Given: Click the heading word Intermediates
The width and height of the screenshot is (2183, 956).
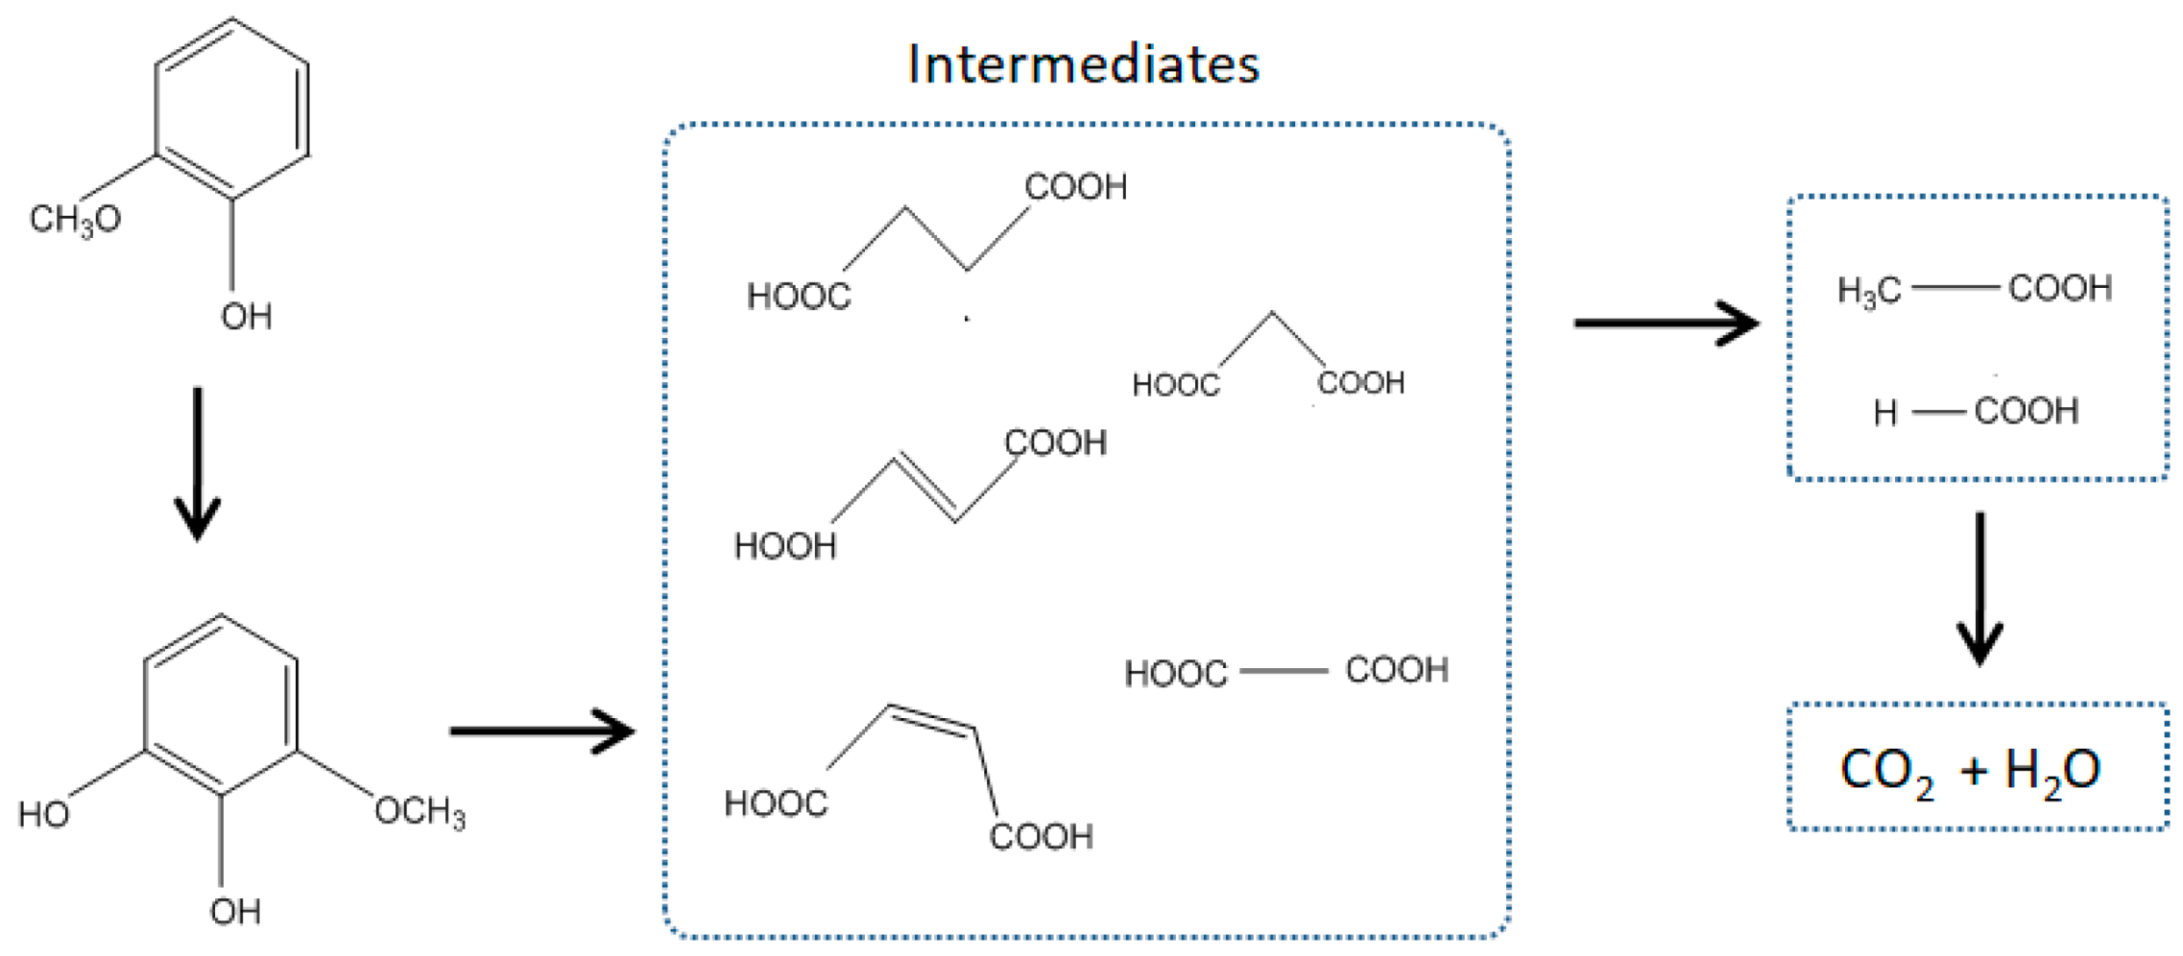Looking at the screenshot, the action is point(1083,65).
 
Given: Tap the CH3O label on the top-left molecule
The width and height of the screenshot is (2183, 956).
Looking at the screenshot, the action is point(75,220).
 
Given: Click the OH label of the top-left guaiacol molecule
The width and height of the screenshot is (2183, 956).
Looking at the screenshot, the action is point(247,317).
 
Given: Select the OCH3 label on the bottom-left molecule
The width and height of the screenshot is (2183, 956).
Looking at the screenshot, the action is point(420,812).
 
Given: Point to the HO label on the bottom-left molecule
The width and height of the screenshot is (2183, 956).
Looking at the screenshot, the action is point(44,815).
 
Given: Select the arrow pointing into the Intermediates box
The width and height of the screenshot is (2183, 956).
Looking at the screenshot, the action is point(541,731).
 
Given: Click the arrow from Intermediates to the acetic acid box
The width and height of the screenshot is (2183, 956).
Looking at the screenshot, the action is point(1666,323).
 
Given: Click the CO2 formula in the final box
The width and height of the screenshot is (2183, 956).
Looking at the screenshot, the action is point(1886,771).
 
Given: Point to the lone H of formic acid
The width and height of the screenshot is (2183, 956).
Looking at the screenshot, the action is point(1885,413).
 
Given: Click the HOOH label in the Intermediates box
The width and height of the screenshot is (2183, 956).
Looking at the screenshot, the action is point(785,546).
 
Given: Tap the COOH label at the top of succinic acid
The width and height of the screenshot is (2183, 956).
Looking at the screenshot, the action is point(1076,187).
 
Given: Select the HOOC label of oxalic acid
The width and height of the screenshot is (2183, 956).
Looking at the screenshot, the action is point(1176,674).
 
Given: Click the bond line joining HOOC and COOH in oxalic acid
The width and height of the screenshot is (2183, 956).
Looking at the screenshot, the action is point(1284,670).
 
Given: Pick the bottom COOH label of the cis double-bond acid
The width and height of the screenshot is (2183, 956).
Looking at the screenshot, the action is point(1042,837).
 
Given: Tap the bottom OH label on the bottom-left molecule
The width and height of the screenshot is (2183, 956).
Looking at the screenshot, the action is point(235,911).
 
